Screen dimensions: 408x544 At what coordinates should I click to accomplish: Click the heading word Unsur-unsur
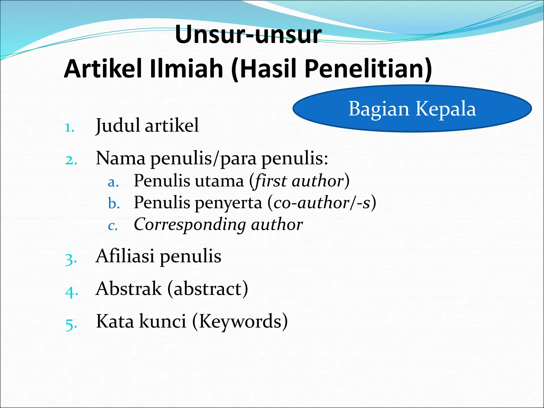[248, 35]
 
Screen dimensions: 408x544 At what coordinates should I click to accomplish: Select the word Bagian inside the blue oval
[379, 109]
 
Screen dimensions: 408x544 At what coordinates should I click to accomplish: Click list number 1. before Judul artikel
[70, 128]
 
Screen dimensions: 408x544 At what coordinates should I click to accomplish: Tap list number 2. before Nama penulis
[71, 160]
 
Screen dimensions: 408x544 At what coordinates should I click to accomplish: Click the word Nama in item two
[121, 158]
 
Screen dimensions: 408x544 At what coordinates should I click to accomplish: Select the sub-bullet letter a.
[113, 182]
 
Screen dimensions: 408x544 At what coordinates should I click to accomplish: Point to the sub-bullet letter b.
[114, 204]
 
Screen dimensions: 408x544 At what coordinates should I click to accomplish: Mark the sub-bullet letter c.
[113, 226]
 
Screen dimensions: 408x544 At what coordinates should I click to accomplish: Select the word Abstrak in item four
[129, 289]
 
